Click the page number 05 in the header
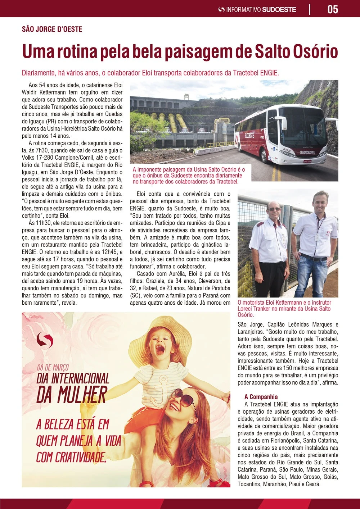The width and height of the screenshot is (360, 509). (x=332, y=9)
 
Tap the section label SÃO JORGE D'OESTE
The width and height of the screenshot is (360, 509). (x=52, y=29)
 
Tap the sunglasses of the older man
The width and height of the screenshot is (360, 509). (x=274, y=209)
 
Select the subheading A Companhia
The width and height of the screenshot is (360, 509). (x=261, y=397)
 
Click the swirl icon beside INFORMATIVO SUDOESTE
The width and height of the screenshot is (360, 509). (x=221, y=9)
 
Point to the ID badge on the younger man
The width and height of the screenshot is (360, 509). (x=317, y=238)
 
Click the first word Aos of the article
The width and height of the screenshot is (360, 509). (x=33, y=85)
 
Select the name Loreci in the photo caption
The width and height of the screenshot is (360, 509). (x=246, y=309)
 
